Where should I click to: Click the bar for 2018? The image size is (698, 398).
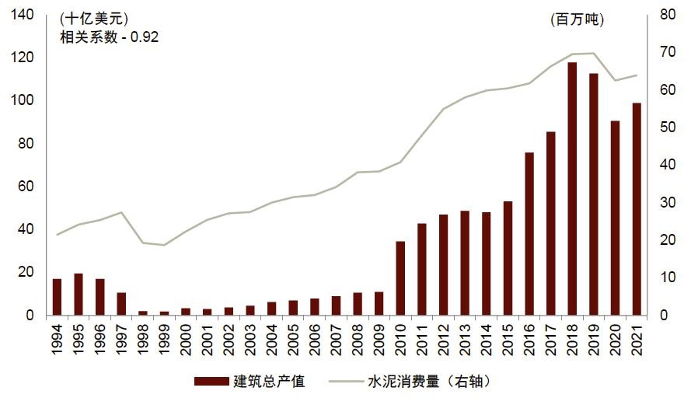click(572, 189)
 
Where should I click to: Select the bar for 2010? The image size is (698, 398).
click(400, 278)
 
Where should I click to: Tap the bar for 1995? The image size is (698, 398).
click(79, 295)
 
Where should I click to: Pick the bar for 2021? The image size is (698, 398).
click(637, 209)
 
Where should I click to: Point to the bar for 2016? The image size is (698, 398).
click(529, 234)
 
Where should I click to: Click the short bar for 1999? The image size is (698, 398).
click(164, 313)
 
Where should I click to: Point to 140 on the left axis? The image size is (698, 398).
click(22, 15)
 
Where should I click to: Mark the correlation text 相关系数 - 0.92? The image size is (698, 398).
click(109, 37)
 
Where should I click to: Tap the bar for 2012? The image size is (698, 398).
click(444, 265)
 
